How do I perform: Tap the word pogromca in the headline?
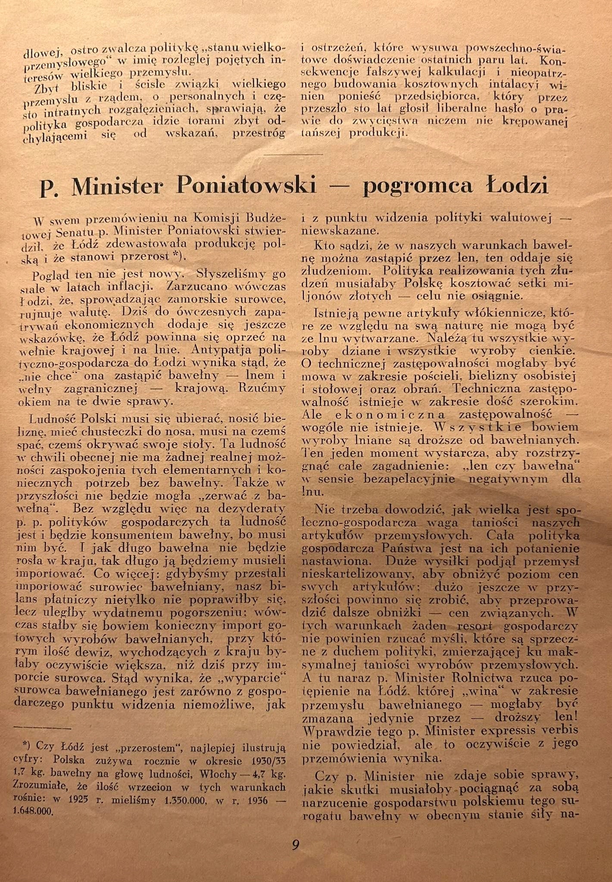click(416, 186)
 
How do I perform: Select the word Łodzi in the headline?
click(516, 186)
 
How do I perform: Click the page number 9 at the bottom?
click(296, 845)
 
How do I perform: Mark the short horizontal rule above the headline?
click(293, 154)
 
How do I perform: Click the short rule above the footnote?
click(42, 728)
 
